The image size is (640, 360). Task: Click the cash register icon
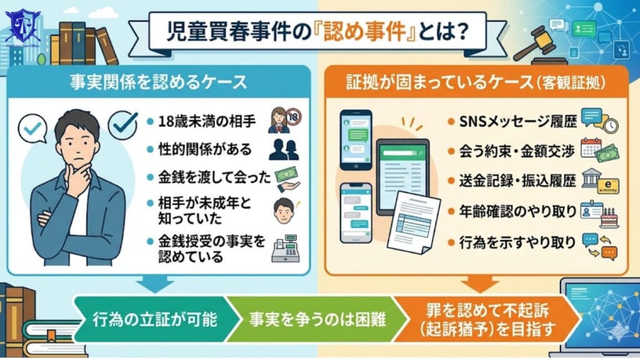pyautogui.click(x=286, y=248)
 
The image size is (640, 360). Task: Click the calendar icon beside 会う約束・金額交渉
pyautogui.click(x=591, y=147)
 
